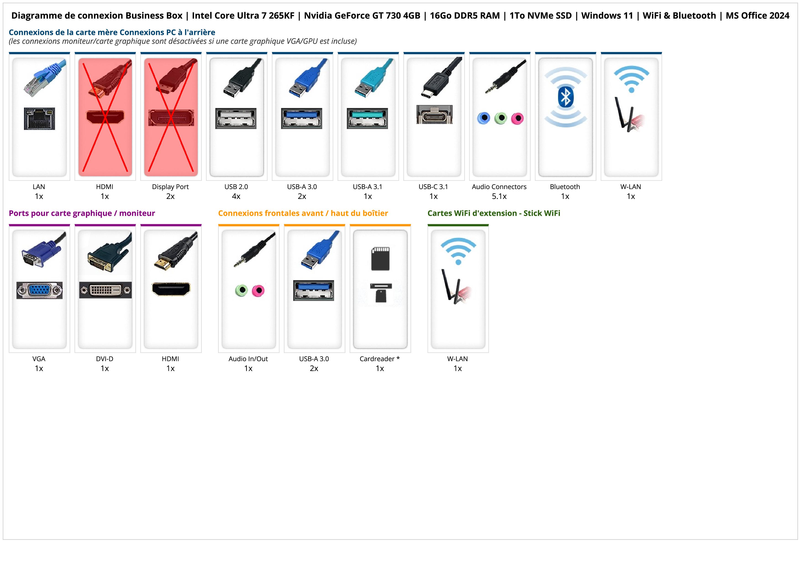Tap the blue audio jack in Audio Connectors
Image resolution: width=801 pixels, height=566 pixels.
click(484, 118)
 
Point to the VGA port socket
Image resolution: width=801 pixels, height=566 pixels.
click(40, 290)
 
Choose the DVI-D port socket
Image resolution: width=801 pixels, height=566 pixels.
click(105, 290)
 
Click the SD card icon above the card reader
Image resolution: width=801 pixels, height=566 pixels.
click(380, 259)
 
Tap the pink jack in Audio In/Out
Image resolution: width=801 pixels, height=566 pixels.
click(258, 290)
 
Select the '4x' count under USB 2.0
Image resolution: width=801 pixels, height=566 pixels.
click(236, 197)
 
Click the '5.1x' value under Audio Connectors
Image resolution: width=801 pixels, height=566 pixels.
click(499, 197)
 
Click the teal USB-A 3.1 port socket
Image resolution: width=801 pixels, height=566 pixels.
click(367, 118)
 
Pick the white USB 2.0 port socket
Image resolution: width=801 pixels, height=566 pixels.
click(236, 118)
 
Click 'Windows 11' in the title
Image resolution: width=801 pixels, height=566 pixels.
click(607, 16)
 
